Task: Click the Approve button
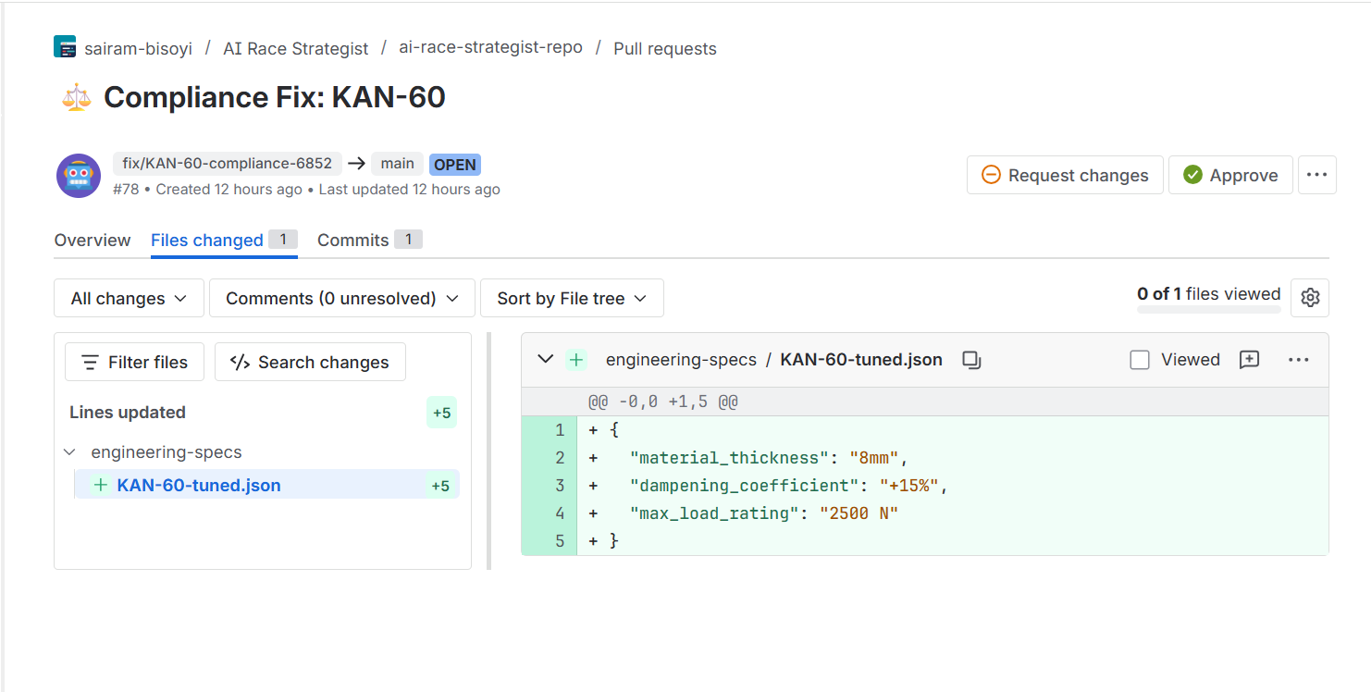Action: pyautogui.click(x=1230, y=176)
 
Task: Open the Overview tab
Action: pyautogui.click(x=93, y=241)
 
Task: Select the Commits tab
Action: pyautogui.click(x=352, y=241)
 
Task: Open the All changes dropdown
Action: pyautogui.click(x=129, y=299)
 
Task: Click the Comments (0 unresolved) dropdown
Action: pyautogui.click(x=341, y=299)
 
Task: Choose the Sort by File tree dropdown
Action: pyautogui.click(x=571, y=299)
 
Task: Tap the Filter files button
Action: pyautogui.click(x=134, y=363)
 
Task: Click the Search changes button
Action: pyautogui.click(x=310, y=363)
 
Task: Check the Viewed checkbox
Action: pyautogui.click(x=1140, y=360)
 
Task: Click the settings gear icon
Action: pyautogui.click(x=1309, y=298)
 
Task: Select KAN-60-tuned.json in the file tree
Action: pyautogui.click(x=199, y=486)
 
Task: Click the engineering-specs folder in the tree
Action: pyautogui.click(x=166, y=452)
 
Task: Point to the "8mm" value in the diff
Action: pyautogui.click(x=874, y=458)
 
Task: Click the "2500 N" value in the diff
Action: pyautogui.click(x=858, y=513)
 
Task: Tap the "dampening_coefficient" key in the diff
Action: pyautogui.click(x=745, y=486)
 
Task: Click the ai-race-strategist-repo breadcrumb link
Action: pyautogui.click(x=490, y=48)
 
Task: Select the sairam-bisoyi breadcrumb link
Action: pyautogui.click(x=138, y=49)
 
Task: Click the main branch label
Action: pyautogui.click(x=398, y=164)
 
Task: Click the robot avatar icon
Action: pyautogui.click(x=79, y=176)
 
